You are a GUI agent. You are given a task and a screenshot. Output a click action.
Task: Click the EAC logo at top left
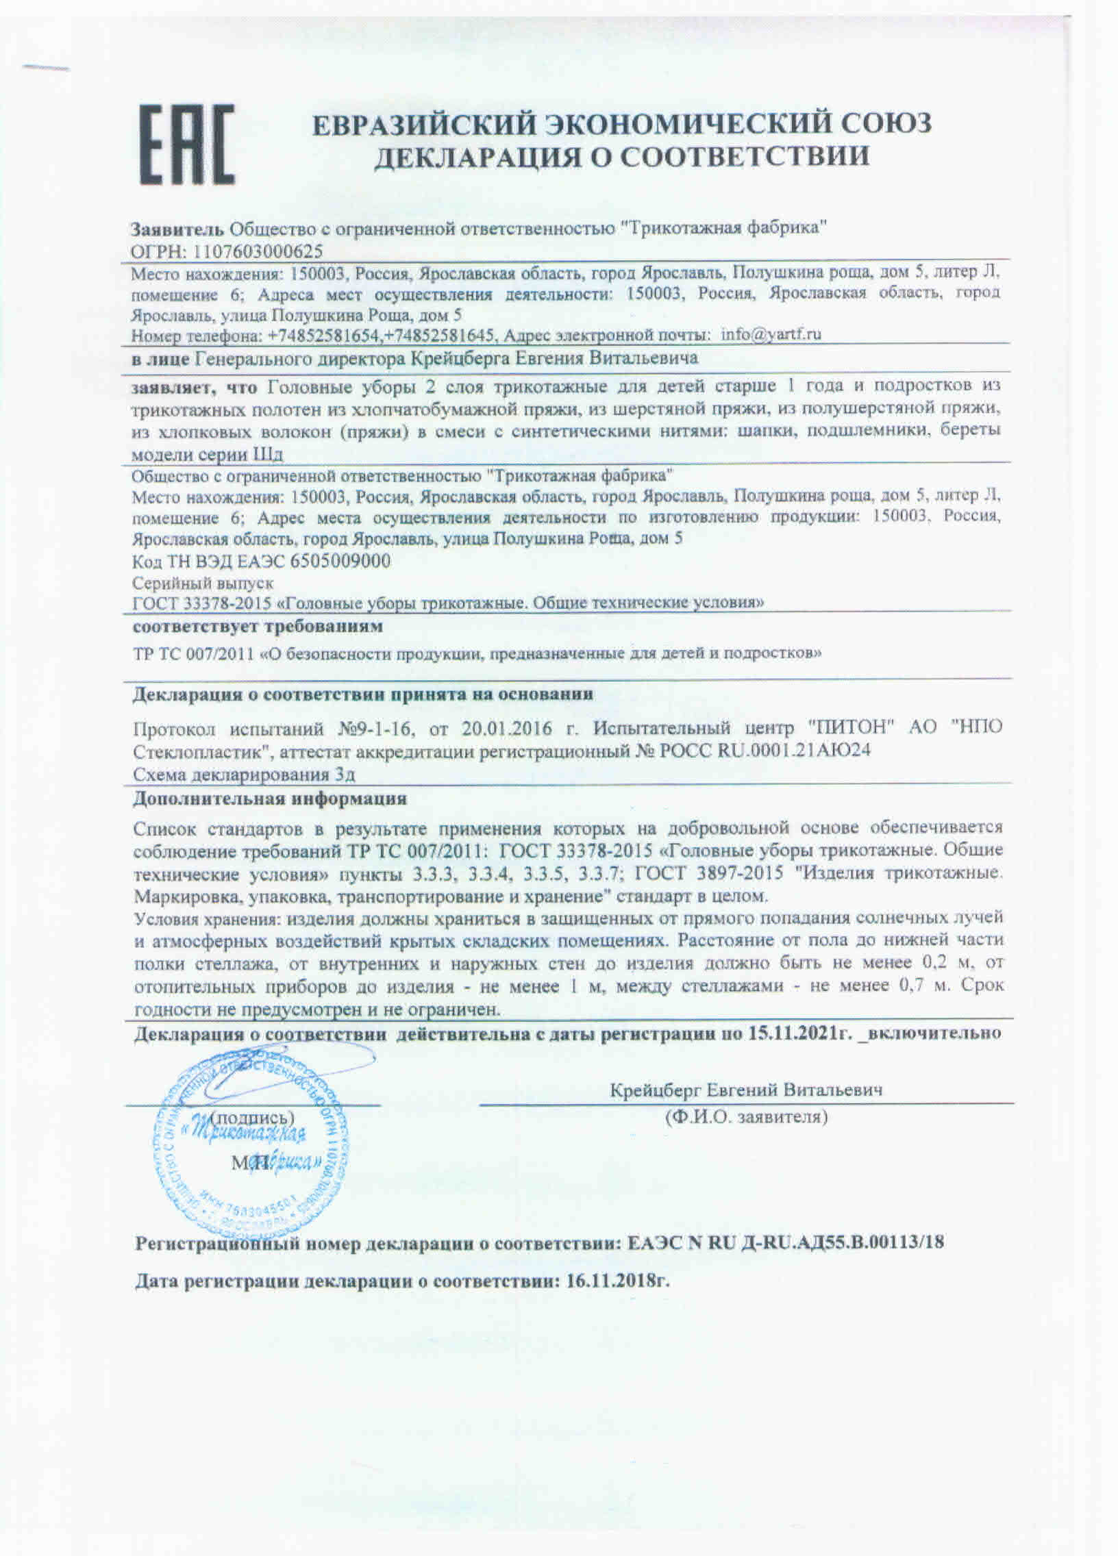pyautogui.click(x=188, y=144)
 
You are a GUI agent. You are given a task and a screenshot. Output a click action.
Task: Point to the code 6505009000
pyautogui.click(x=340, y=560)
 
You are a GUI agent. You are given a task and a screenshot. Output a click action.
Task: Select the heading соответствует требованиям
pyautogui.click(x=258, y=627)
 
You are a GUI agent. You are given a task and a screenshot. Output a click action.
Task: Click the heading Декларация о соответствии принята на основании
pyautogui.click(x=363, y=694)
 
